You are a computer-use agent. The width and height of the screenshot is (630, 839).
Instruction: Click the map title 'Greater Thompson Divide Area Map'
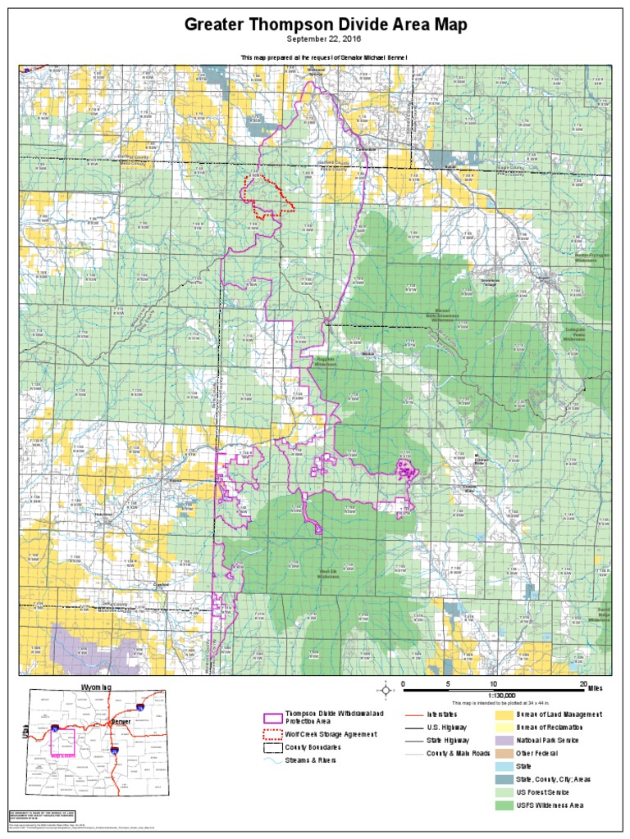point(326,25)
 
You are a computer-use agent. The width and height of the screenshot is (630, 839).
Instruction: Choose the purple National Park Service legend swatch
point(504,740)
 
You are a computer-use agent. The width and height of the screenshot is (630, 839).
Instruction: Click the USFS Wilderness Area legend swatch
point(504,806)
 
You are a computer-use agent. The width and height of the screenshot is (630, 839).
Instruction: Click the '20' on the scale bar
point(583,683)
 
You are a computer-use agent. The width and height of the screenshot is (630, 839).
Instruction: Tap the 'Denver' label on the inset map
point(121,721)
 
